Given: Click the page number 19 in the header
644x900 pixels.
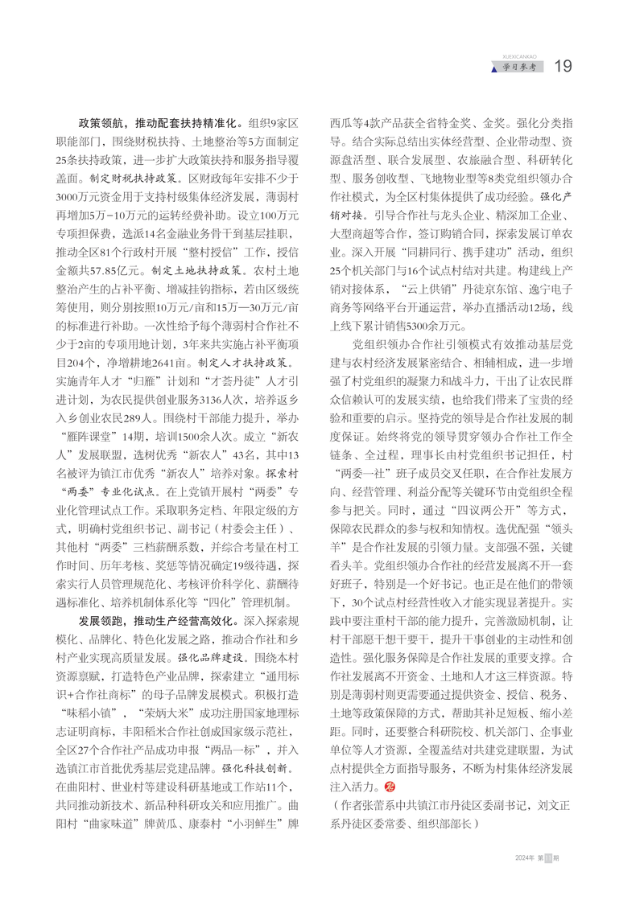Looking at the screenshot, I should pos(563,66).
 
